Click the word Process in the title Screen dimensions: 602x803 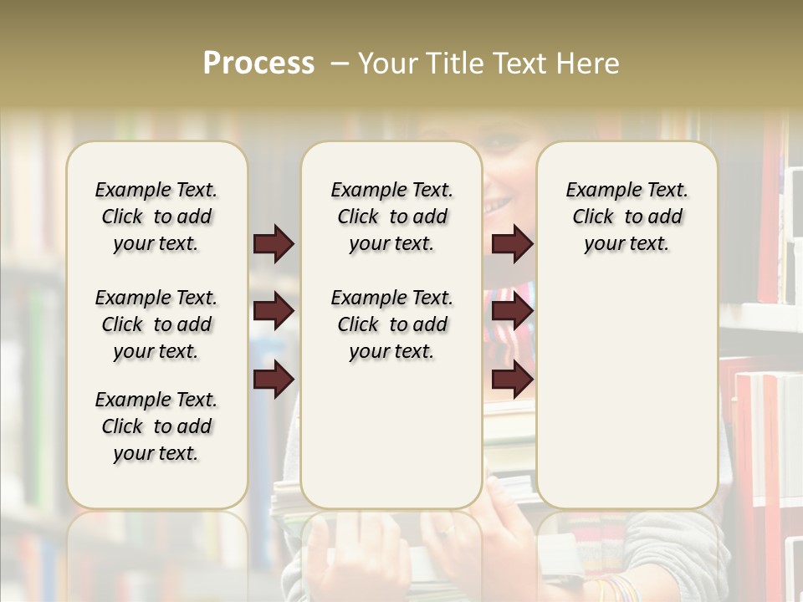pos(258,64)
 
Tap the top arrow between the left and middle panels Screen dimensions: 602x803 pos(274,244)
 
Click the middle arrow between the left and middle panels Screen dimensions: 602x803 pos(274,311)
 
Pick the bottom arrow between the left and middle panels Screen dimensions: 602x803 pos(274,379)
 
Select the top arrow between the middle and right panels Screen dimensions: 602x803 pos(512,244)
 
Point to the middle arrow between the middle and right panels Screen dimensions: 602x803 pos(512,311)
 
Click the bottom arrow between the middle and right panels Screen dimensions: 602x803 pos(512,379)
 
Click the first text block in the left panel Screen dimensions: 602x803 pos(156,217)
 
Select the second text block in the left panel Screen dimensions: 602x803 pos(156,324)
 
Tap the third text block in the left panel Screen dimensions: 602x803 pos(156,426)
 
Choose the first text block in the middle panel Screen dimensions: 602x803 pos(391,217)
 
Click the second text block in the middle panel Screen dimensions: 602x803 pos(391,324)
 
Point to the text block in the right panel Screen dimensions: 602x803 pos(627,217)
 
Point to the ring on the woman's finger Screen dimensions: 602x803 pos(448,529)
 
